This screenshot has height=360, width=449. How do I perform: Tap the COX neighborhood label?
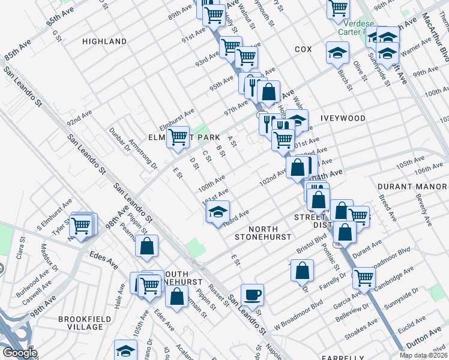(303, 49)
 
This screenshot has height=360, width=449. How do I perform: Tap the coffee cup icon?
(252, 294)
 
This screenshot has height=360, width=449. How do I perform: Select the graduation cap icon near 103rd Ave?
(218, 211)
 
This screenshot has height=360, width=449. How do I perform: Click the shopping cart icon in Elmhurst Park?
(178, 137)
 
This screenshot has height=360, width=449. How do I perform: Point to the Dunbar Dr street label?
(119, 137)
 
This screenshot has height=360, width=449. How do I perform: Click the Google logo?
(19, 353)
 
